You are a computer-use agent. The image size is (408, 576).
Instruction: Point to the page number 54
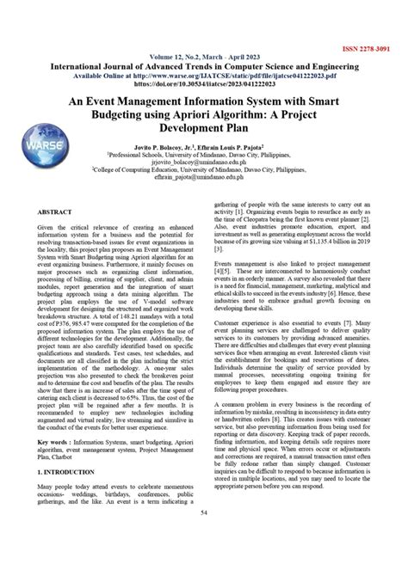pyautogui.click(x=204, y=561)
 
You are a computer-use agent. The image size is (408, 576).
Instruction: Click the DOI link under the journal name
pyautogui.click(x=204, y=74)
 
